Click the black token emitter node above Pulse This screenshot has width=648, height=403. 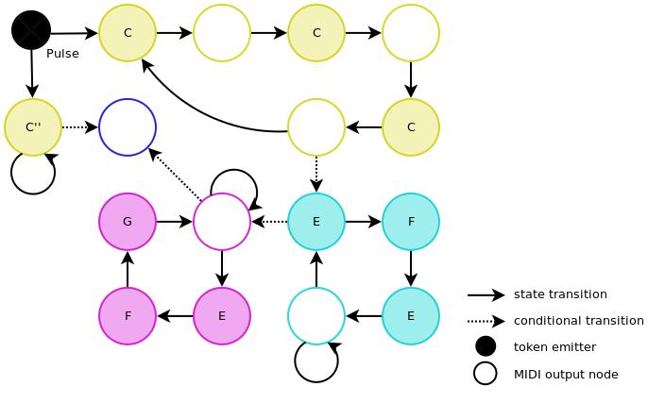click(x=31, y=30)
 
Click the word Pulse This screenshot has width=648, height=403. click(x=62, y=54)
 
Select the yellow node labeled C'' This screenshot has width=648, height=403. click(x=33, y=127)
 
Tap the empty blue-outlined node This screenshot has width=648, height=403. click(x=128, y=127)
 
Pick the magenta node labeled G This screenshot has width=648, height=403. click(x=128, y=222)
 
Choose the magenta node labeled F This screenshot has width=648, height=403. click(x=128, y=316)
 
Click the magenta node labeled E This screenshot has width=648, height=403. click(x=222, y=316)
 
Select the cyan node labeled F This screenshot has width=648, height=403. click(x=411, y=222)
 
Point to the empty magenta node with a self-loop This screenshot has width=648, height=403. click(x=222, y=222)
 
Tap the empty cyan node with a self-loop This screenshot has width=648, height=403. click(x=316, y=316)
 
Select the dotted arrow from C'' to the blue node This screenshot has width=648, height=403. click(x=80, y=127)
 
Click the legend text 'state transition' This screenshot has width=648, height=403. click(x=560, y=294)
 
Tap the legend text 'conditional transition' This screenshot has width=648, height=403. click(x=578, y=321)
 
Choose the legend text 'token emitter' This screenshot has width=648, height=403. click(x=554, y=347)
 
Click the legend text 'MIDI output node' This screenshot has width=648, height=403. click(x=566, y=375)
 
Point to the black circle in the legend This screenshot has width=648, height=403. click(x=486, y=346)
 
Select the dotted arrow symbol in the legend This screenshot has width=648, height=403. click(x=486, y=321)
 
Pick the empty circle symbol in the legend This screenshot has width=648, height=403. click(x=486, y=374)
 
